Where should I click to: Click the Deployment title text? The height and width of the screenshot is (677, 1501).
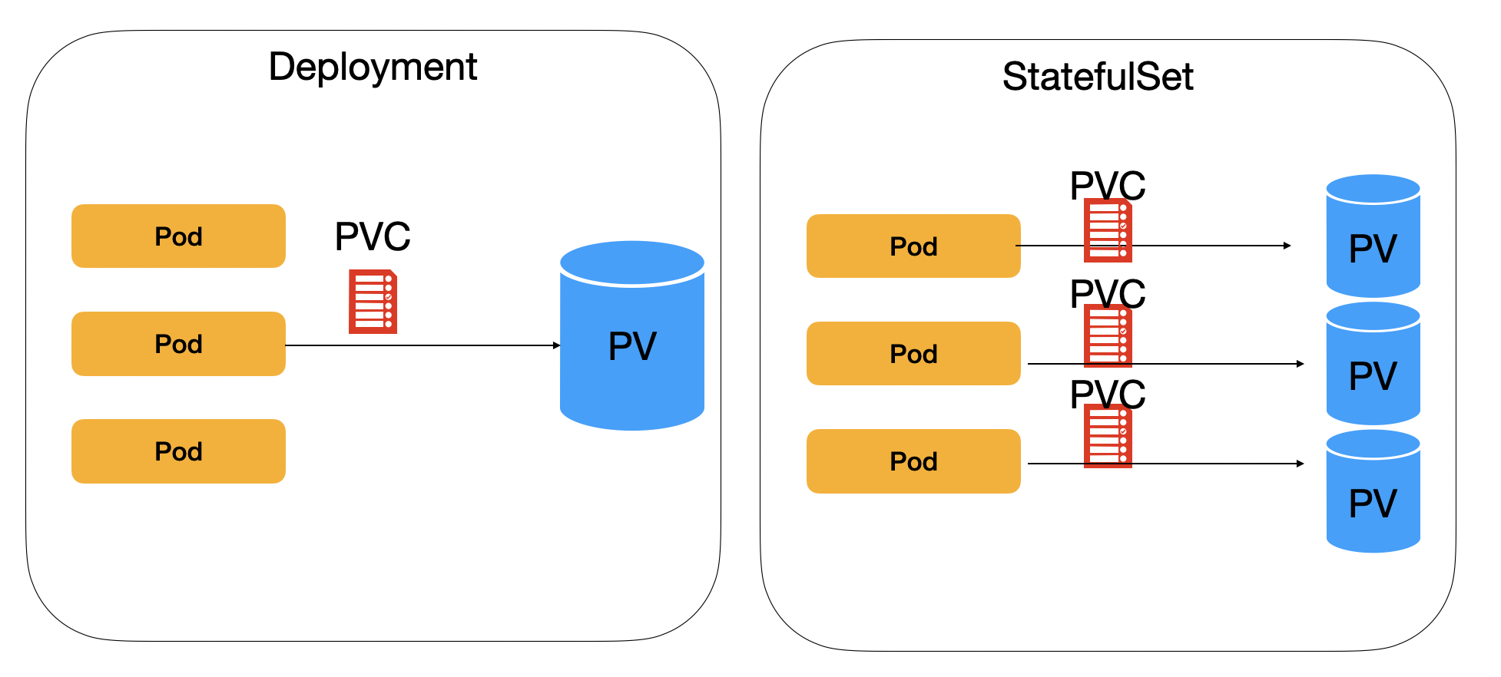tap(373, 68)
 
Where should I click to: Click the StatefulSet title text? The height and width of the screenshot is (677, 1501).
tap(1097, 77)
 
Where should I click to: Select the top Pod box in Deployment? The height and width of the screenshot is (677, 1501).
tap(178, 236)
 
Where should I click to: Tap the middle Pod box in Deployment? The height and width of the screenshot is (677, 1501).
tap(178, 344)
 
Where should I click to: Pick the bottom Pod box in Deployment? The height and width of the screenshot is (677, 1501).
tap(178, 451)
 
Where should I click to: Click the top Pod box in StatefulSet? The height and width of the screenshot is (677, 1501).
tap(913, 246)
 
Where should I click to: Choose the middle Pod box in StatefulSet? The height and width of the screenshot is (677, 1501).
tap(913, 354)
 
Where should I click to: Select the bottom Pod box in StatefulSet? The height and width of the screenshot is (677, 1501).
tap(913, 461)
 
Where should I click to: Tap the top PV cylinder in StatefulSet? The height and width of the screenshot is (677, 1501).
tap(1373, 238)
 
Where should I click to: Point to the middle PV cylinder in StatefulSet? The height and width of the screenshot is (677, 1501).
tap(1373, 365)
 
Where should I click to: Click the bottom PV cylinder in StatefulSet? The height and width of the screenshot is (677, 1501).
tap(1373, 493)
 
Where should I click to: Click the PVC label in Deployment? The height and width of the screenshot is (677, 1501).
tap(373, 236)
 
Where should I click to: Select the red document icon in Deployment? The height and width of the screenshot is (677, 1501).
tap(373, 302)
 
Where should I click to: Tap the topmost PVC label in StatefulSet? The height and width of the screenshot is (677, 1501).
tap(1107, 185)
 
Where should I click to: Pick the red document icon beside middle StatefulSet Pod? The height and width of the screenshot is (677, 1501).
tap(1108, 336)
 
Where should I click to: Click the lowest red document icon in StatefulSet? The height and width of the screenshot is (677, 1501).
tap(1108, 437)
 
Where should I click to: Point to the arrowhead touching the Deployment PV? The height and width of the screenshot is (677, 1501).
tap(557, 345)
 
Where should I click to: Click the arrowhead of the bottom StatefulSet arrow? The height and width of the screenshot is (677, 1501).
tap(1300, 464)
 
